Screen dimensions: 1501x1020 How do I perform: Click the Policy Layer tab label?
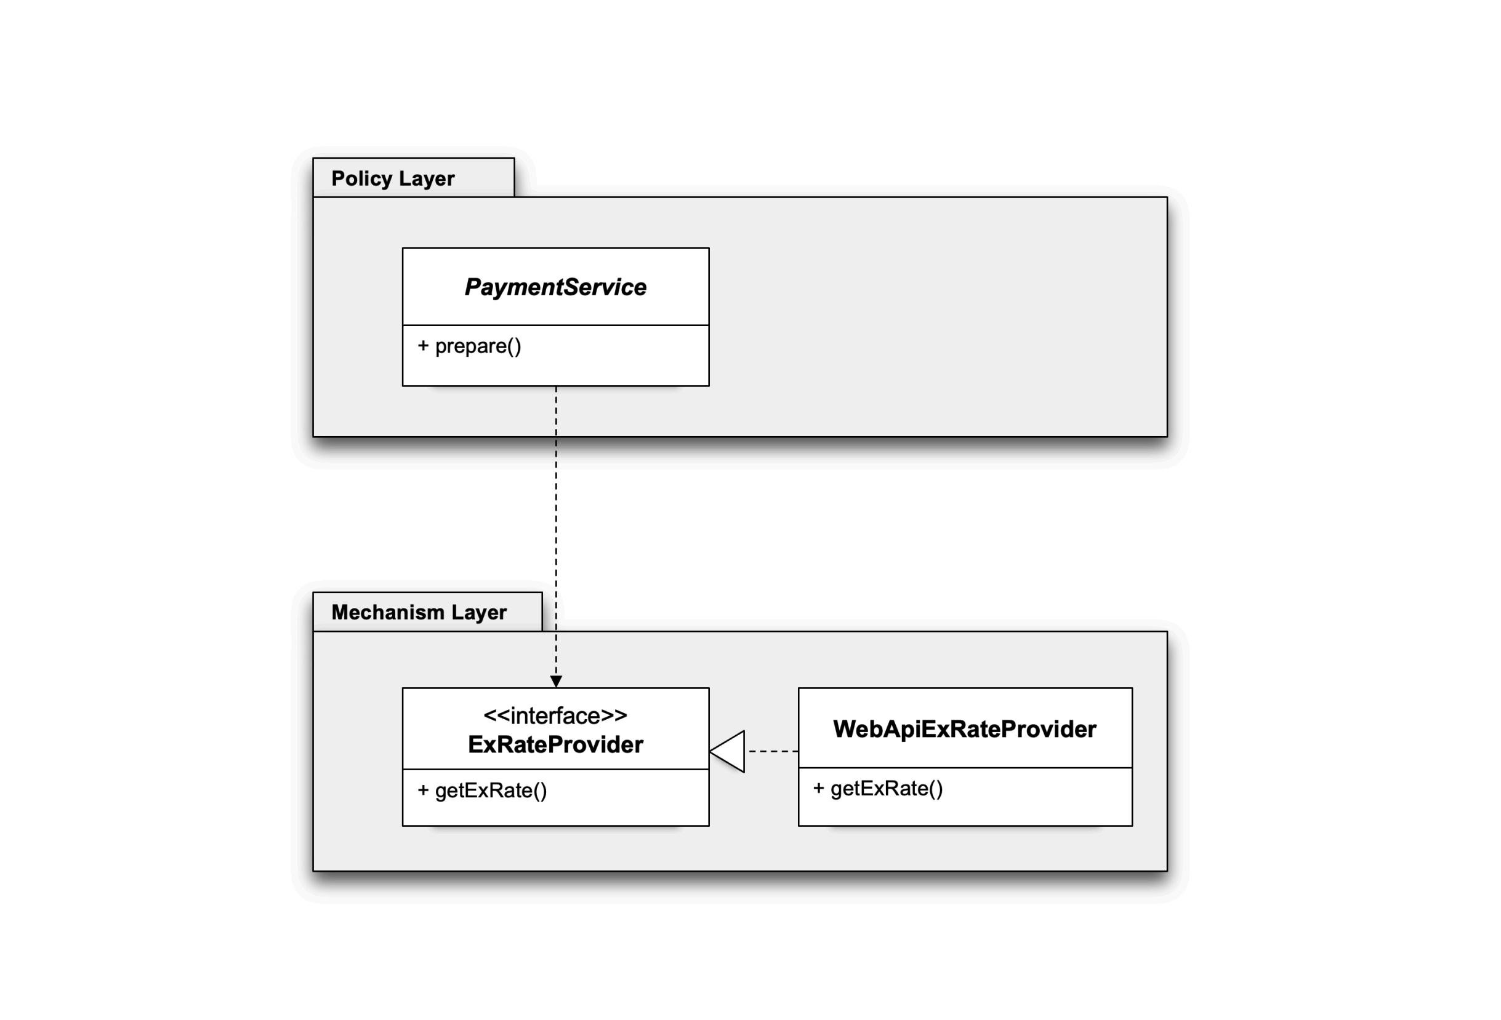click(x=393, y=179)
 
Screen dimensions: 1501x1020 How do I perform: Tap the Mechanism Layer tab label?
click(x=419, y=613)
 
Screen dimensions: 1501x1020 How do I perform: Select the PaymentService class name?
click(x=555, y=287)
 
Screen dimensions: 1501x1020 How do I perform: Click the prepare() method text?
click(x=478, y=346)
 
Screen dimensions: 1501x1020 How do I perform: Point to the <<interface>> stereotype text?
click(x=555, y=716)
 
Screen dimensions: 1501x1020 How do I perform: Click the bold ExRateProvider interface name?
click(x=555, y=745)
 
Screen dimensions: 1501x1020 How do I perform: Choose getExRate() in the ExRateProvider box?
click(x=491, y=791)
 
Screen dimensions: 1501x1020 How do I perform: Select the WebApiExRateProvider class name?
click(x=965, y=730)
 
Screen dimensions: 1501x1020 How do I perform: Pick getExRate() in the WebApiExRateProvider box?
click(x=886, y=789)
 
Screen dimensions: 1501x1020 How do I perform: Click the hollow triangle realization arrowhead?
click(x=727, y=751)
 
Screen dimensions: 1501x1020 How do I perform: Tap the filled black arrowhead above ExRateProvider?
click(x=556, y=682)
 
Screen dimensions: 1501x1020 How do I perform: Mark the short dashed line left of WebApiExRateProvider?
click(x=773, y=751)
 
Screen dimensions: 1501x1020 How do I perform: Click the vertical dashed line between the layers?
click(x=556, y=532)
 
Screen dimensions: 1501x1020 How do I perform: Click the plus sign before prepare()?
click(x=423, y=346)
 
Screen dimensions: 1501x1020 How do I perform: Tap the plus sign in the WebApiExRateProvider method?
click(x=818, y=788)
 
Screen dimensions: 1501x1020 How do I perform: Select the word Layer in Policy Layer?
click(x=427, y=179)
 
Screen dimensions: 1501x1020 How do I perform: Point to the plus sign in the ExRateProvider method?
click(x=423, y=790)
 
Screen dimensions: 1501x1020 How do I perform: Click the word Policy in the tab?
click(x=361, y=179)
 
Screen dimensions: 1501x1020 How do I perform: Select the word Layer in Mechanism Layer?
click(x=478, y=613)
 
